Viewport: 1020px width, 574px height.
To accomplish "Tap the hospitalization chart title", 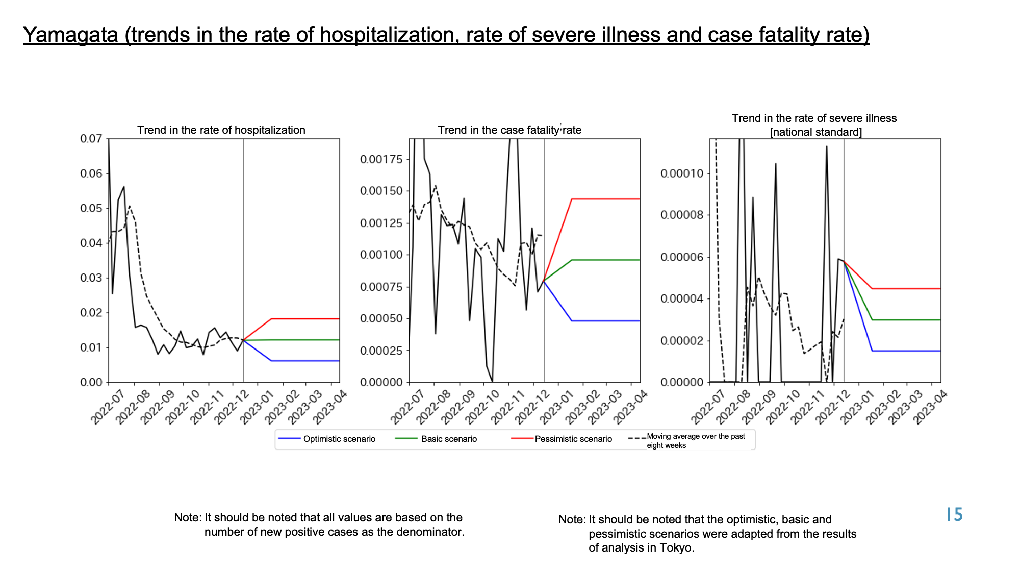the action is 221,130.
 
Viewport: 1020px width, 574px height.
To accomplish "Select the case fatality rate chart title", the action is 509,130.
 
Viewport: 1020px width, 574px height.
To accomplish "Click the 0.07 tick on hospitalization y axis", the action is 91,139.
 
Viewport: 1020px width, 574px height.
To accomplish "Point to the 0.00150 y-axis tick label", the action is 381,191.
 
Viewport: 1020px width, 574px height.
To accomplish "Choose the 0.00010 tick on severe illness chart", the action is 682,173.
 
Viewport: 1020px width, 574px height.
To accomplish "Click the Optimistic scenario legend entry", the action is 326,439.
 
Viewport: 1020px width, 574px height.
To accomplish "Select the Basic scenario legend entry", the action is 437,439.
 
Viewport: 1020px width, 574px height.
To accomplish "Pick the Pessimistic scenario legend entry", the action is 562,439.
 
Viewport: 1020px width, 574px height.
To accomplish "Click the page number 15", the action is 954,515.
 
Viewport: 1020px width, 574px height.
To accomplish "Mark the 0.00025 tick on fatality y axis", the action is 381,351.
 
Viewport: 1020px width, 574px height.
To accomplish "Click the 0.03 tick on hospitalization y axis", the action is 91,278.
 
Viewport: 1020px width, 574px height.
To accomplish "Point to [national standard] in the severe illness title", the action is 816,132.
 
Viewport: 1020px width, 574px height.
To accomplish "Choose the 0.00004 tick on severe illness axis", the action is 682,298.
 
